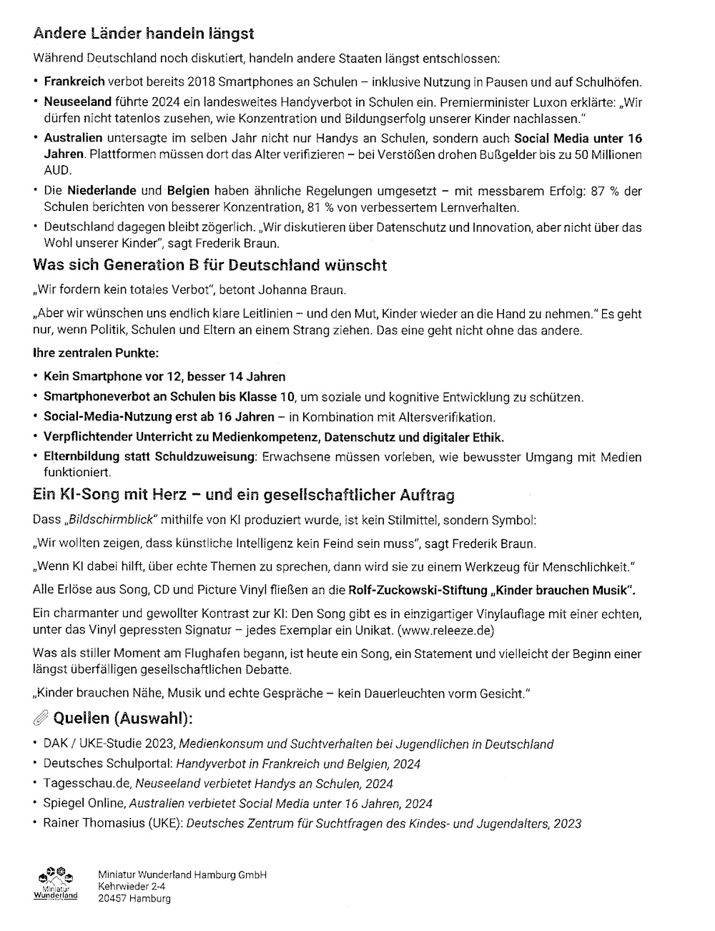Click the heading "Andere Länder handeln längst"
click(x=143, y=34)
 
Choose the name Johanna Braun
click(x=312, y=290)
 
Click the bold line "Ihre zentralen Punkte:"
click(x=96, y=353)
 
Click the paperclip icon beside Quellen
click(x=40, y=718)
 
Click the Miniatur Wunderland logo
click(x=55, y=885)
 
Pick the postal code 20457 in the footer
click(x=112, y=899)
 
